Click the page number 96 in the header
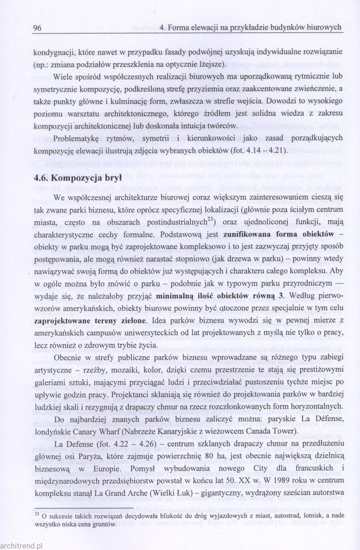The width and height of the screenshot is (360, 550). pos(37,28)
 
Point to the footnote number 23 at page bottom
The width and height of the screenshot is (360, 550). pos(37,513)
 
